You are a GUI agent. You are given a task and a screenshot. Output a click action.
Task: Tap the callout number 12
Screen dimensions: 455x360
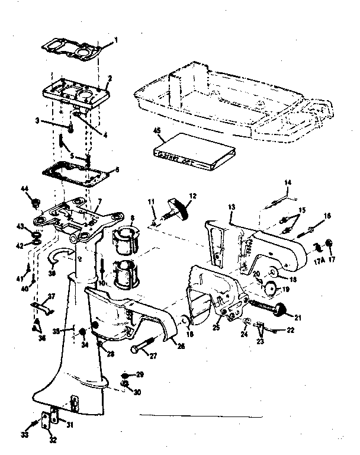(192, 196)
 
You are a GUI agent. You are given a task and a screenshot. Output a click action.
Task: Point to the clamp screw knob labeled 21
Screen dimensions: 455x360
(280, 308)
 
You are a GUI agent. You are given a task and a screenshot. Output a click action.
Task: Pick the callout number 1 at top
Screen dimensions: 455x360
(116, 40)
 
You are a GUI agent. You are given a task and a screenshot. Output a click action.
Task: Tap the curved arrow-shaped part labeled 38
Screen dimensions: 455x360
(62, 255)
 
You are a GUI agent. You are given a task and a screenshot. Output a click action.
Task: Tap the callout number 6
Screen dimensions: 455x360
(117, 169)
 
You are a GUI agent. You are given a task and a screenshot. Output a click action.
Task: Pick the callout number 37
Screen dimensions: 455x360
(51, 296)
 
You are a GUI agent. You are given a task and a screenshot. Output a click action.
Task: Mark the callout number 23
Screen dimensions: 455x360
(261, 341)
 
